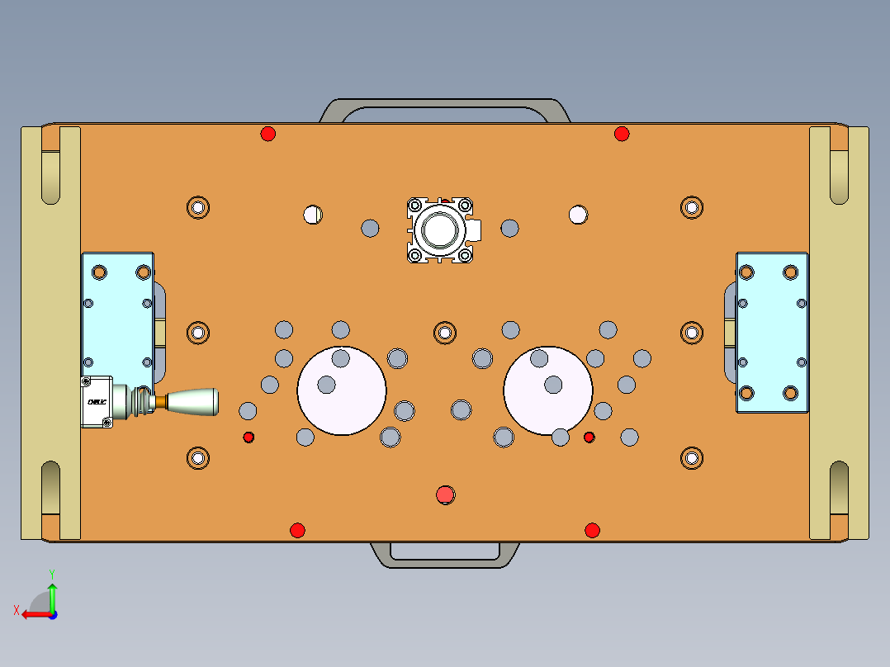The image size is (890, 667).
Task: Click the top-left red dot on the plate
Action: point(267,134)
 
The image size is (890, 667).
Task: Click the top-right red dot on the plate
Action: point(622,134)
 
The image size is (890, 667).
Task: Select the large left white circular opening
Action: point(341,390)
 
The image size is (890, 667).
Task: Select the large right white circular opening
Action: point(547,390)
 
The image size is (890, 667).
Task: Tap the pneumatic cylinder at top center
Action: point(441,229)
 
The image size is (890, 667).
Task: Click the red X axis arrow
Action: point(33,614)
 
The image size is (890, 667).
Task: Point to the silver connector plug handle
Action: point(192,402)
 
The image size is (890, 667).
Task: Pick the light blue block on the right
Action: point(772,333)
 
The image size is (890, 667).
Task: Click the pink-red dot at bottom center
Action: point(445,494)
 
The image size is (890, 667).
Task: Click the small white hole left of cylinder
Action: point(312,215)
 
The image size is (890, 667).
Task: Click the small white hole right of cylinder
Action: point(578,215)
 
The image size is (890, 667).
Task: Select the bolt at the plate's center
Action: point(445,333)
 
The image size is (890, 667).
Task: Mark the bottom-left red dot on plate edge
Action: point(297,530)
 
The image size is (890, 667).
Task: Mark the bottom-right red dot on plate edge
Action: point(592,530)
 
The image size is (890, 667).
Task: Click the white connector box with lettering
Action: point(97,402)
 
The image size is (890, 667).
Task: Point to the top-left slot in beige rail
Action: point(50,175)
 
